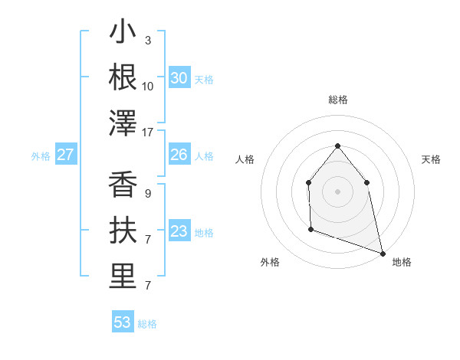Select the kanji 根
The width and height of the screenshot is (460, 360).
[123, 77]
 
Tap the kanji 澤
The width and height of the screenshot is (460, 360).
[123, 123]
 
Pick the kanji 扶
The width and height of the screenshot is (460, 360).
[123, 231]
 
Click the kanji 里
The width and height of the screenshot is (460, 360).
[123, 277]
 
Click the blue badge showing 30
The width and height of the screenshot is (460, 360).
[179, 78]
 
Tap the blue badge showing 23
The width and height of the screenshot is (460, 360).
[179, 232]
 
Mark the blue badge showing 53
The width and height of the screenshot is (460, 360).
[123, 322]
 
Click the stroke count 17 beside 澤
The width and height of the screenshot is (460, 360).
[148, 133]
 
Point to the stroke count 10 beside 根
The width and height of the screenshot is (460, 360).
[148, 86]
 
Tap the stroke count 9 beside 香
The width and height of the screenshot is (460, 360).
[148, 194]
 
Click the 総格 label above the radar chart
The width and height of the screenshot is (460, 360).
[337, 100]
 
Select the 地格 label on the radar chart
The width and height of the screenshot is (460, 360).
[402, 262]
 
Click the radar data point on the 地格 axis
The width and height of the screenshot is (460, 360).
[383, 253]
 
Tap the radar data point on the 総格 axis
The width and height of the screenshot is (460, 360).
[337, 146]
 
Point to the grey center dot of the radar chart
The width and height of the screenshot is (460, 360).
[337, 191]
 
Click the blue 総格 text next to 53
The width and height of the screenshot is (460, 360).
[147, 324]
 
